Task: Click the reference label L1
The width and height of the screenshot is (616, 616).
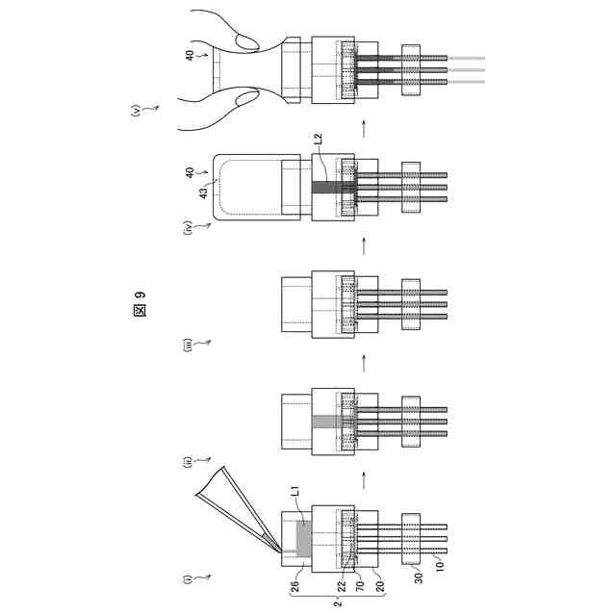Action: click(x=295, y=494)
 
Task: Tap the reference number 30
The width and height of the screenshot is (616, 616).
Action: click(x=417, y=580)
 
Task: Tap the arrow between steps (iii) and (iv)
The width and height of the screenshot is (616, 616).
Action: click(x=364, y=244)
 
